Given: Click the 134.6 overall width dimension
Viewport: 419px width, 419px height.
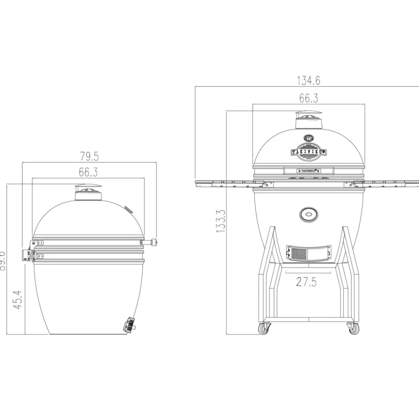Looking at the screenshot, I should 309,80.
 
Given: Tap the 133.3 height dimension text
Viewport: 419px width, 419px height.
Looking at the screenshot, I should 221,221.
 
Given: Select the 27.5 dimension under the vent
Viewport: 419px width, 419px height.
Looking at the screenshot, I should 306,281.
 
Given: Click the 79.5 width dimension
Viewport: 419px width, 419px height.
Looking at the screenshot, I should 89,156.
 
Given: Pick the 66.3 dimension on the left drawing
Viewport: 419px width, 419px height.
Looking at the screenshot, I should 88,172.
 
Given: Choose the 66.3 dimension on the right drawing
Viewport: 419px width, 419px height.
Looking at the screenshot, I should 309,98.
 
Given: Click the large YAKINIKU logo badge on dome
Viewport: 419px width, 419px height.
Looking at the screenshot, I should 309,152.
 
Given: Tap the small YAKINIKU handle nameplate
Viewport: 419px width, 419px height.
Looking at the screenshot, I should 309,171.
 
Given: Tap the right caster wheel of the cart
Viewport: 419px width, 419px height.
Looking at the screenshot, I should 353,329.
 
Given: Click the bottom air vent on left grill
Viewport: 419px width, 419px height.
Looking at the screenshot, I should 129,324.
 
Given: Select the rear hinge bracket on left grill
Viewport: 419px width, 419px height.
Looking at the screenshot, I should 29,255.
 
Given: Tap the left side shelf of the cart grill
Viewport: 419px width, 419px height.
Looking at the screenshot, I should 224,183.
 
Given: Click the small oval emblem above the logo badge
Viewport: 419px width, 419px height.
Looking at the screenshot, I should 309,138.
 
